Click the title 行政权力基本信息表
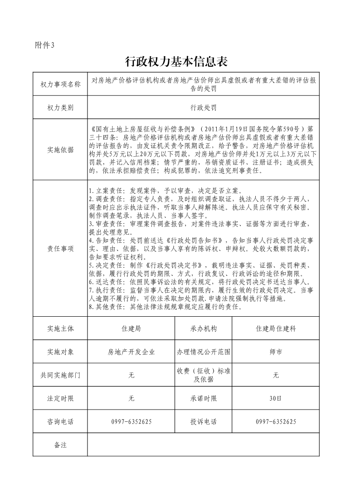click(x=175, y=61)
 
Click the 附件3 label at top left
click(x=44, y=44)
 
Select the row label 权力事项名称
click(x=60, y=84)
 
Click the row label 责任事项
click(x=60, y=249)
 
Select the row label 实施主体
click(x=60, y=329)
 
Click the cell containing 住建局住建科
click(x=276, y=329)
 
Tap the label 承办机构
click(x=204, y=329)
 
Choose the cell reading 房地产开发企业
click(x=131, y=352)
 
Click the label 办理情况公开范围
click(x=204, y=352)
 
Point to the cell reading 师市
click(x=276, y=352)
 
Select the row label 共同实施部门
click(x=60, y=375)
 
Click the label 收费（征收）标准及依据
click(x=204, y=375)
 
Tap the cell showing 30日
click(x=276, y=399)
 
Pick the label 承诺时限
click(x=204, y=399)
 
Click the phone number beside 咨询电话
click(x=131, y=422)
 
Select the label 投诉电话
click(x=204, y=422)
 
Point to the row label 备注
click(x=60, y=445)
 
